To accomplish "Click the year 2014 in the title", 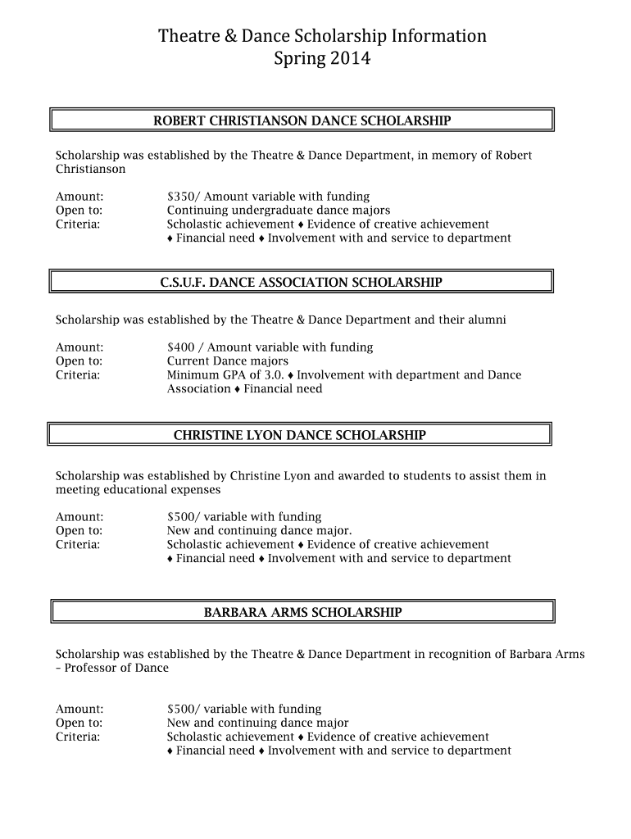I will [351, 59].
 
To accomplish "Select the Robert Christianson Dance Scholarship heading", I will [302, 121].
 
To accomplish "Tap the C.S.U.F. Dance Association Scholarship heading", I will [301, 283].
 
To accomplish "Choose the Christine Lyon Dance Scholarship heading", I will [299, 435].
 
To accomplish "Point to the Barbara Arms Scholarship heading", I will [302, 612].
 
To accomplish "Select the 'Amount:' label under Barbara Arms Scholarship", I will [79, 709].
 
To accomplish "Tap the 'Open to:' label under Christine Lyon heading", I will [79, 531].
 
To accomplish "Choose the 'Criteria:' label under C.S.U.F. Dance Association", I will [78, 375].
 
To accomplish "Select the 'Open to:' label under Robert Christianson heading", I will [79, 211].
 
